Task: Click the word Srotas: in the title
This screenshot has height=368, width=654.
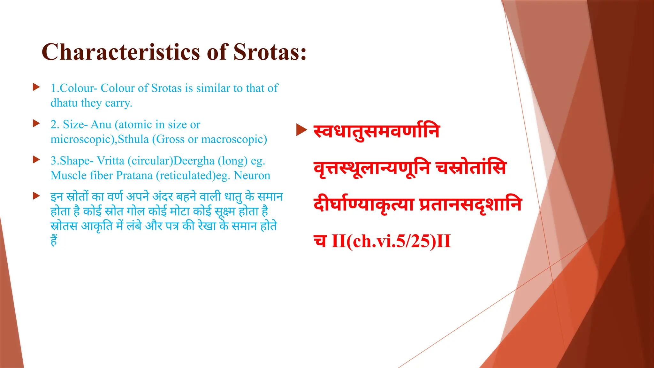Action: [x=270, y=52]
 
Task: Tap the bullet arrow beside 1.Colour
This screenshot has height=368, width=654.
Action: [x=36, y=87]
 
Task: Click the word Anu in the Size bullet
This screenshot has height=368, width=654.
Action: [x=101, y=124]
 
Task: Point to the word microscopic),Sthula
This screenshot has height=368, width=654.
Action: [x=100, y=139]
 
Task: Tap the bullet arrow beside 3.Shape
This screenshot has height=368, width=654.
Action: [x=36, y=160]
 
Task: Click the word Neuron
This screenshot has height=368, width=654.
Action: [x=252, y=175]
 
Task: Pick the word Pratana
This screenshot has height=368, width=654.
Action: [x=134, y=175]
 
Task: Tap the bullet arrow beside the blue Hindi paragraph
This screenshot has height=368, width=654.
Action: [x=36, y=196]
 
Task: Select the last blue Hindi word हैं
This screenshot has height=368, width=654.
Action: [x=54, y=240]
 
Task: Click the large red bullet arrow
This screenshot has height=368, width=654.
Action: [x=301, y=130]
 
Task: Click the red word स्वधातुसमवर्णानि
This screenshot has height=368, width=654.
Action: [x=377, y=131]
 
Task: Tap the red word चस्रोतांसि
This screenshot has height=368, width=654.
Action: [x=471, y=168]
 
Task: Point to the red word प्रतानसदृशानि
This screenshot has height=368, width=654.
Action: [x=470, y=204]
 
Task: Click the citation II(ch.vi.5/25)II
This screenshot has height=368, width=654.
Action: [x=391, y=241]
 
